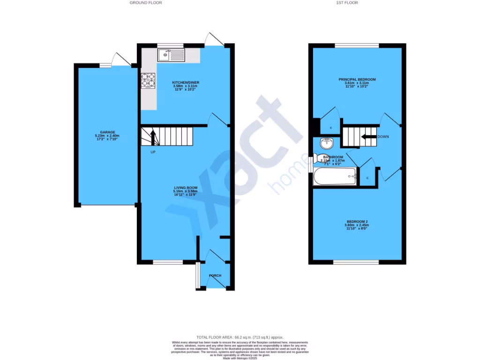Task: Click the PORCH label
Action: [x=215, y=275]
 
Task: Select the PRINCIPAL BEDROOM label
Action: [x=357, y=80]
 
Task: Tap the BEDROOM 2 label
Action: [x=357, y=221]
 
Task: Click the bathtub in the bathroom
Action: [x=335, y=177]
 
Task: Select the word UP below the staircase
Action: [x=153, y=152]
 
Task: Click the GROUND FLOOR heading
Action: [x=146, y=3]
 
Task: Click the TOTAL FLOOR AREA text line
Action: [x=240, y=337]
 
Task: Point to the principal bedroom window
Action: [x=357, y=45]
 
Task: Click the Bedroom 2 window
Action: [x=356, y=262]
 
